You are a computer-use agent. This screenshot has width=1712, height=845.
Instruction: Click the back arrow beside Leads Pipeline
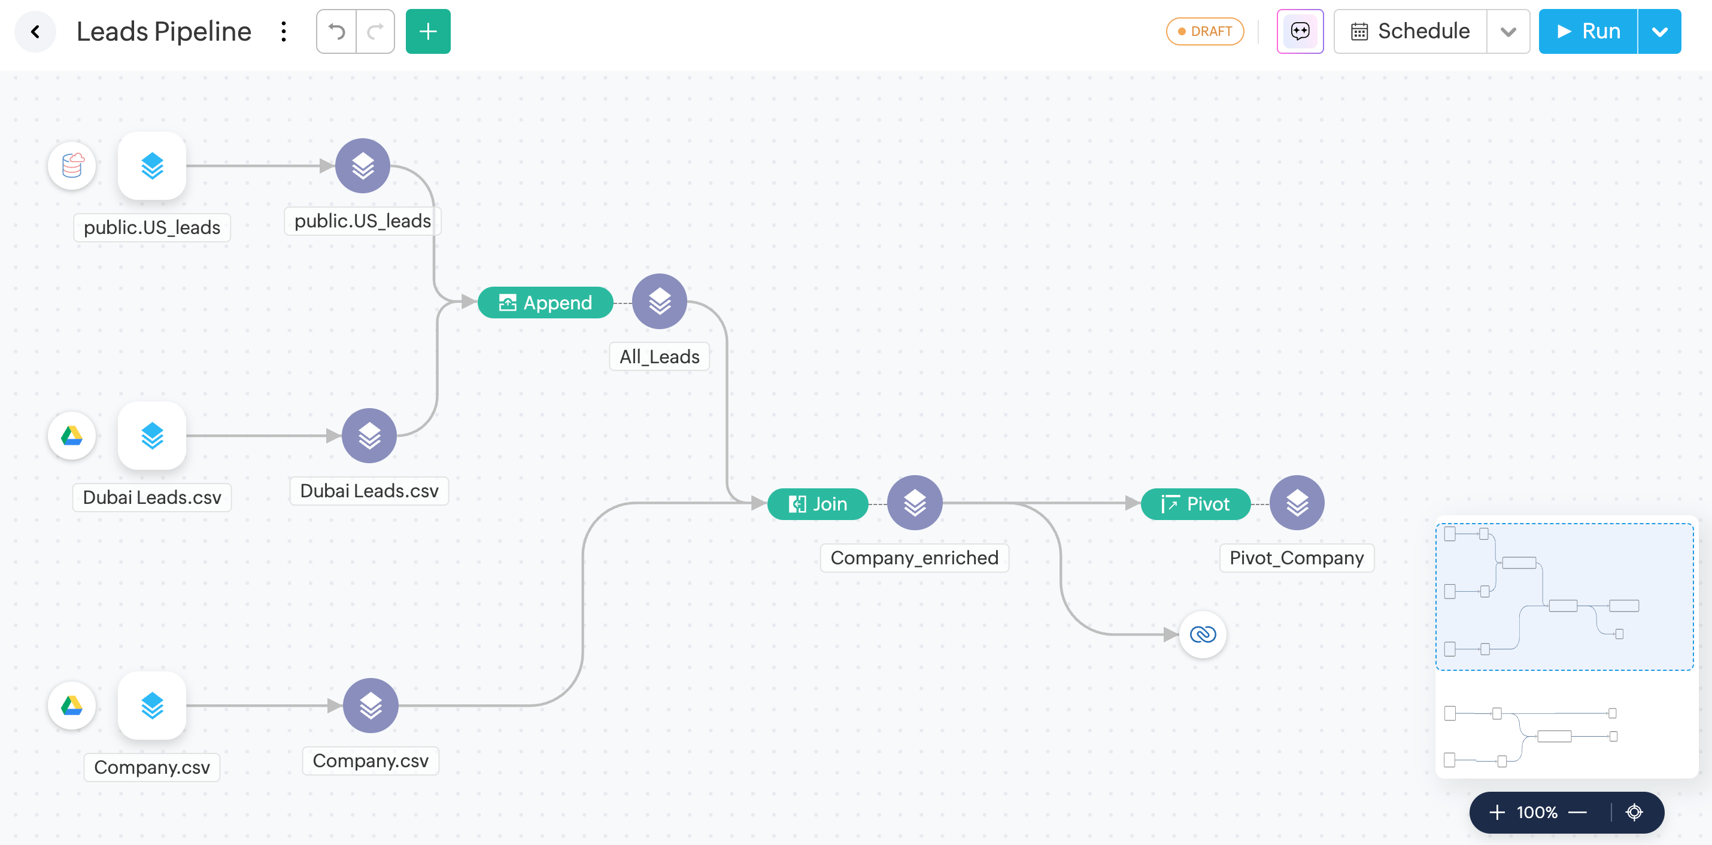pyautogui.click(x=35, y=31)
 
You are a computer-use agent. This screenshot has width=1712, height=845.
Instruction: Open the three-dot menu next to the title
pyautogui.click(x=284, y=31)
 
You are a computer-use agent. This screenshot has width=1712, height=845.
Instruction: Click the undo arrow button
pyautogui.click(x=337, y=31)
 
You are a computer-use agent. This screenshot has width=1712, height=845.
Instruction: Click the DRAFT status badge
pyautogui.click(x=1205, y=31)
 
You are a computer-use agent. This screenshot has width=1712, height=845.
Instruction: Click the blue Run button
pyautogui.click(x=1587, y=31)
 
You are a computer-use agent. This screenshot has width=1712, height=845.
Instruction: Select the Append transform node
pyautogui.click(x=545, y=303)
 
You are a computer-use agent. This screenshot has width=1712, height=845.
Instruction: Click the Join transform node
pyautogui.click(x=818, y=504)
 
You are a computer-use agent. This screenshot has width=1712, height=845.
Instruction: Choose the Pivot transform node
pyautogui.click(x=1195, y=504)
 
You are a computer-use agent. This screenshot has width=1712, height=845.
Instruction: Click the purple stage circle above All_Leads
pyautogui.click(x=659, y=302)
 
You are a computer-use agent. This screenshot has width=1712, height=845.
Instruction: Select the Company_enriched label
pyautogui.click(x=914, y=558)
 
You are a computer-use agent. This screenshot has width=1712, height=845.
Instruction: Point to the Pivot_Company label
pyautogui.click(x=1296, y=558)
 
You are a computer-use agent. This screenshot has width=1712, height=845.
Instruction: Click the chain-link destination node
pyautogui.click(x=1202, y=634)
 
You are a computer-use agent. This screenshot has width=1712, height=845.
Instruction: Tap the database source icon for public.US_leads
pyautogui.click(x=72, y=166)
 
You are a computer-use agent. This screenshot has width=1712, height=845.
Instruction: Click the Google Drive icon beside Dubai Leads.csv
pyautogui.click(x=72, y=436)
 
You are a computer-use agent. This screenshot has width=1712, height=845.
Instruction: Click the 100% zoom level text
pyautogui.click(x=1537, y=811)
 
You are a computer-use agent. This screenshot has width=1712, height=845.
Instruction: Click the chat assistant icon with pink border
pyautogui.click(x=1300, y=31)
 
